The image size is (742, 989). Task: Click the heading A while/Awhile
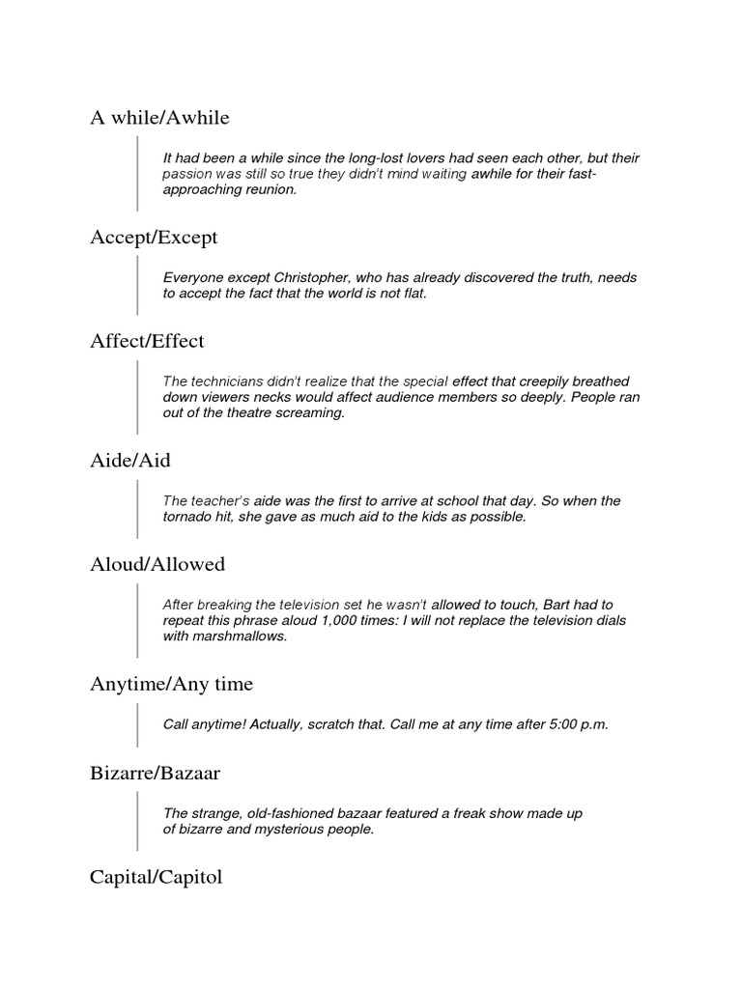click(x=159, y=119)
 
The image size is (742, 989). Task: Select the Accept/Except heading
click(x=154, y=238)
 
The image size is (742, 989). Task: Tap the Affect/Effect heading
click(x=147, y=341)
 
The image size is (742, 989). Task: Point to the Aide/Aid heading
click(x=129, y=461)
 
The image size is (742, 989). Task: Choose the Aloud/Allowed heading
click(x=157, y=564)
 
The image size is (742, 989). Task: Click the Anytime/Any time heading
click(x=171, y=684)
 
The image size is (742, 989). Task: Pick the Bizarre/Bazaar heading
click(x=156, y=774)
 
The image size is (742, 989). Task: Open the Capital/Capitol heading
click(x=156, y=878)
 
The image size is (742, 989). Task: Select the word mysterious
click(x=289, y=830)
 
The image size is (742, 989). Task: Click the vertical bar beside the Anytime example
click(x=138, y=724)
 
